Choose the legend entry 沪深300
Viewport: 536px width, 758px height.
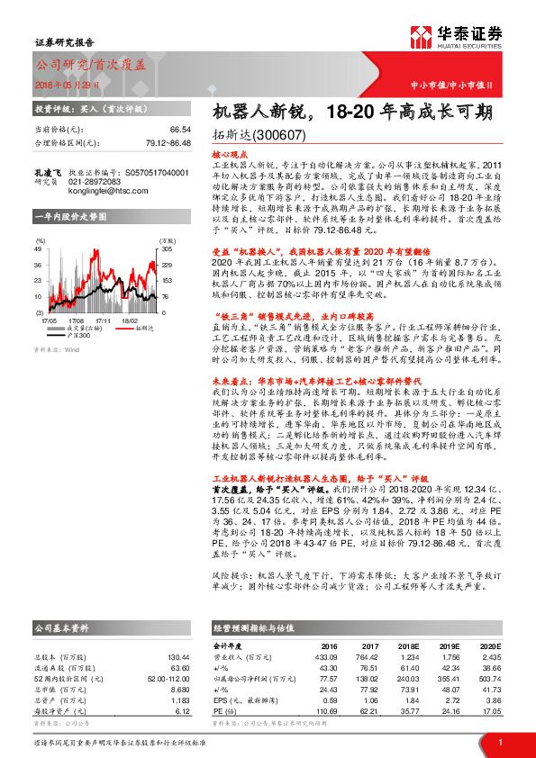coord(80,335)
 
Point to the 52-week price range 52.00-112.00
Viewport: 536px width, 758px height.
coord(162,678)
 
